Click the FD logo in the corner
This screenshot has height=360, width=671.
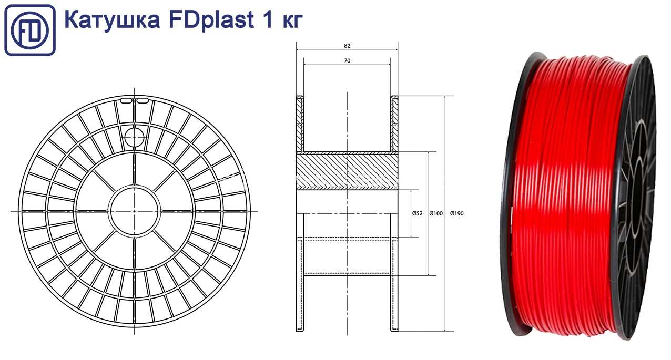coord(30,30)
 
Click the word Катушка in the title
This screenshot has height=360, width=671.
coord(112,20)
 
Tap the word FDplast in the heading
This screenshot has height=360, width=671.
coord(211,20)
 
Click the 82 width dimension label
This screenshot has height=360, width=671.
coord(347,46)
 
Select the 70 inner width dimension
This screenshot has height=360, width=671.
coord(347,61)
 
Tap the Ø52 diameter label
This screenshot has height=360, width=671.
coord(417,213)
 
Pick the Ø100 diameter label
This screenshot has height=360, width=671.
coord(436,213)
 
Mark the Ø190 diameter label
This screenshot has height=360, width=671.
coord(457,213)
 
